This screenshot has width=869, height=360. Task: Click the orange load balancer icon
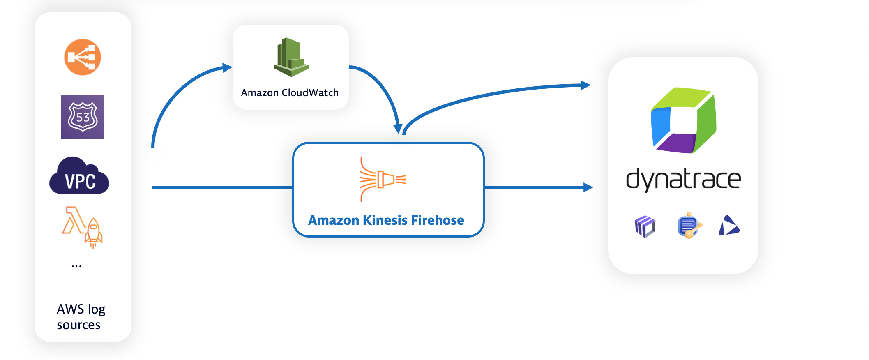coord(83,57)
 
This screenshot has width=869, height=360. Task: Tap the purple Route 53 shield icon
coord(83,117)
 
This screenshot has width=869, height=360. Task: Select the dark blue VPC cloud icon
coord(79,176)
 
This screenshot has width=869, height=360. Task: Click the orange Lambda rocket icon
coord(83,226)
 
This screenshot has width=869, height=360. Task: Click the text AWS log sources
coord(81,317)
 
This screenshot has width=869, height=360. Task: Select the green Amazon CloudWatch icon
coord(291,57)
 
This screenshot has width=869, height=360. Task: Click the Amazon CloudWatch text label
coord(290,93)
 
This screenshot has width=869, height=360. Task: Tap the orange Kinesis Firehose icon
coord(382,180)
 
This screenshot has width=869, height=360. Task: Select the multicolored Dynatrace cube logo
coord(683,120)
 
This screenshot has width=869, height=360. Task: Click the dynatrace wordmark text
coord(683,180)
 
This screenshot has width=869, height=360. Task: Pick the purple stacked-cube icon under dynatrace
coord(645,226)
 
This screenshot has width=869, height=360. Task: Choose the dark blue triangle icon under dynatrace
coord(728,226)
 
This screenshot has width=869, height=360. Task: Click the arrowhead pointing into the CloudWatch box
coord(227,67)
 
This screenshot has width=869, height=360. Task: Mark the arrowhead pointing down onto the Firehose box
coord(398,129)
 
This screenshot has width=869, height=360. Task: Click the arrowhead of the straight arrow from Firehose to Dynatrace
coord(588,187)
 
